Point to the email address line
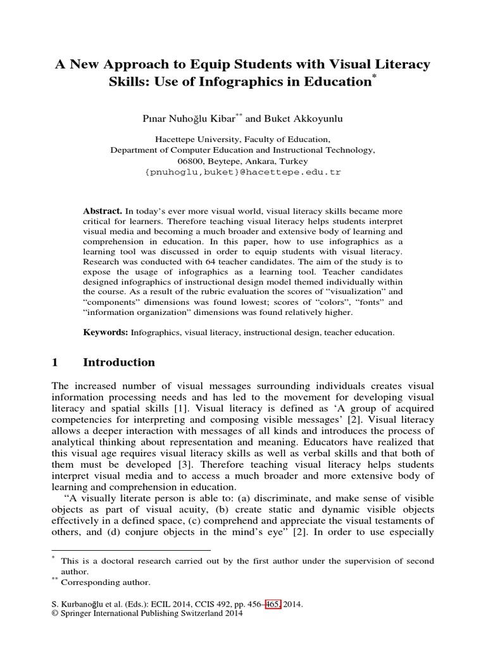coord(243,172)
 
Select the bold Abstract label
coord(103,210)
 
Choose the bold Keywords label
coord(106,331)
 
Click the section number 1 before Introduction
coord(55,363)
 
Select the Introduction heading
coord(119,363)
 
